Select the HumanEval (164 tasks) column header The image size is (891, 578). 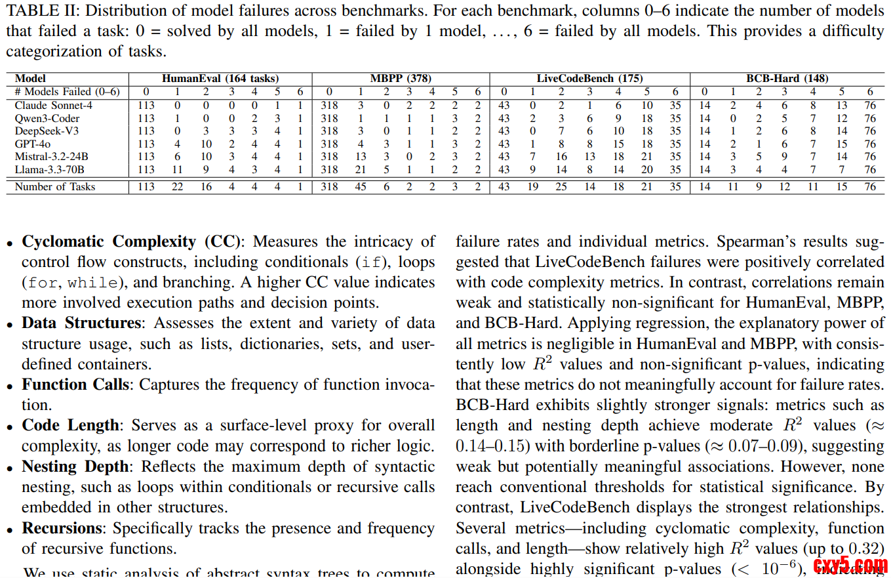220,79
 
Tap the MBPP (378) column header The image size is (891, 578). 401,79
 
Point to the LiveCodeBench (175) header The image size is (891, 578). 589,79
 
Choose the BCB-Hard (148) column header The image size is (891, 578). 787,79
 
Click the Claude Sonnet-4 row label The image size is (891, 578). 50,105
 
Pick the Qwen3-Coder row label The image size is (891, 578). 47,118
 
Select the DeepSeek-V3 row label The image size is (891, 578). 47,131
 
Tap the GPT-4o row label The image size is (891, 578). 33,144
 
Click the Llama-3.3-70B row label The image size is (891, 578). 50,169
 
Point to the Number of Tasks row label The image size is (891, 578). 55,187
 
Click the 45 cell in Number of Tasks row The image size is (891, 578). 360,187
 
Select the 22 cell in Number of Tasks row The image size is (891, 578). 177,187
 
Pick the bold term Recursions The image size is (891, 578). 63,529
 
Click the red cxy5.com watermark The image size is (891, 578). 850,564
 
